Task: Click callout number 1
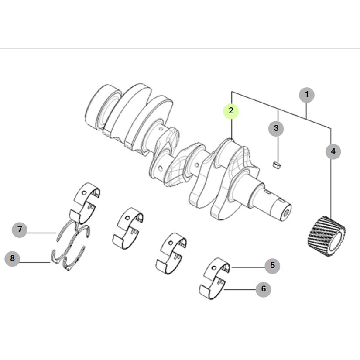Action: click(306, 95)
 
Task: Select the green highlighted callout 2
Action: click(231, 111)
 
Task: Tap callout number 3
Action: click(276, 128)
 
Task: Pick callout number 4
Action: click(333, 151)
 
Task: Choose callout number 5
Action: click(272, 266)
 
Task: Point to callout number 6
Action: click(263, 289)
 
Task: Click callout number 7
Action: click(20, 230)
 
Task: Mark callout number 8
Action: click(12, 258)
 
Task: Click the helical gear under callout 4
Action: click(326, 236)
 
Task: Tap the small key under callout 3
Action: click(277, 165)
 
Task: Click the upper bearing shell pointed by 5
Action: click(216, 269)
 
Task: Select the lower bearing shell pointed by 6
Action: click(213, 289)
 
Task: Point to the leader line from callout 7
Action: click(42, 233)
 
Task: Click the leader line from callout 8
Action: click(35, 262)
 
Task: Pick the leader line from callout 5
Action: click(248, 267)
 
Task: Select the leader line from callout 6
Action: click(240, 289)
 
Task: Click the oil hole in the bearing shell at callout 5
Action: click(214, 267)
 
